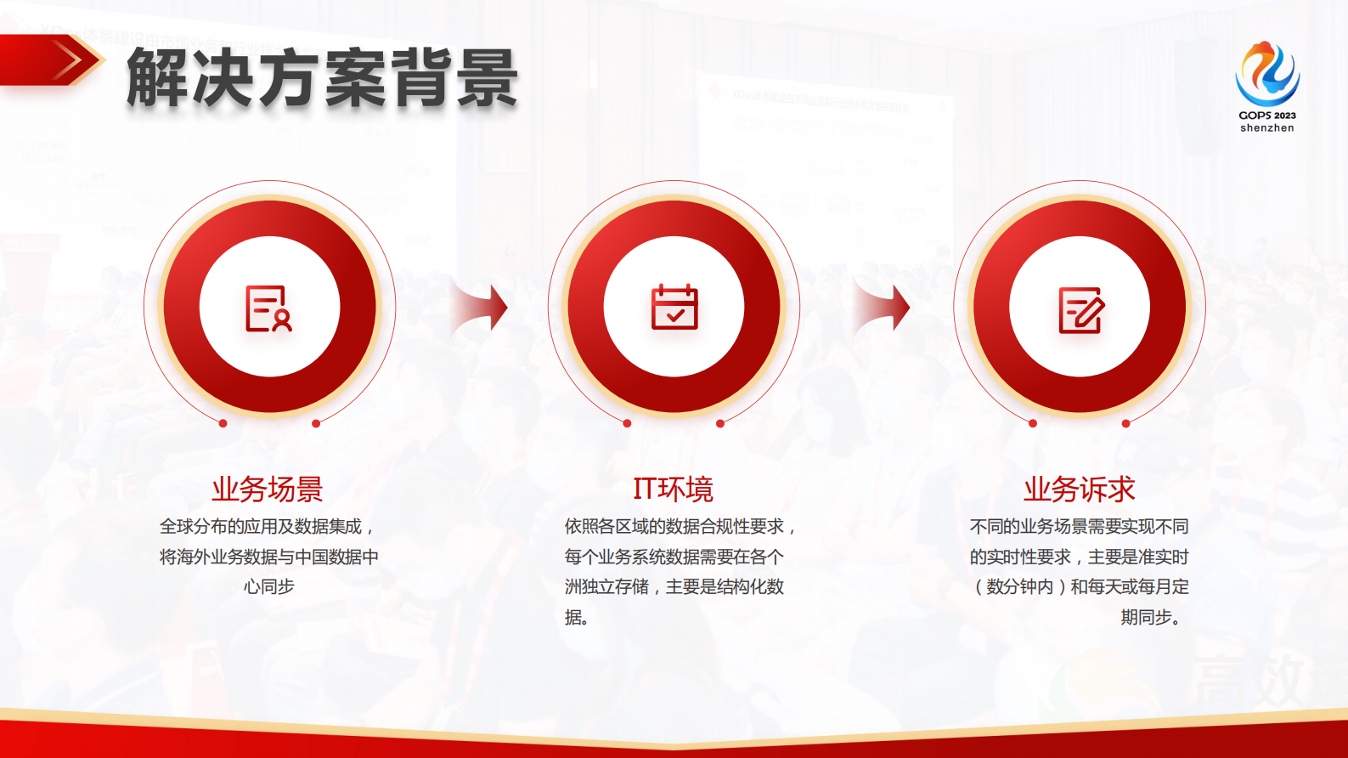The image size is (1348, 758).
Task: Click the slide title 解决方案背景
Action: point(323,78)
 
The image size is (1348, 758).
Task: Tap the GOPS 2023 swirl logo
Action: point(1266,74)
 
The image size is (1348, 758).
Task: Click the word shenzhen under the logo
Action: point(1266,128)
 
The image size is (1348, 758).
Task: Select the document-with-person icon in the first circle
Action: point(268,308)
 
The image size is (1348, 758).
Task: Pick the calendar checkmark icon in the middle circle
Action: point(674,307)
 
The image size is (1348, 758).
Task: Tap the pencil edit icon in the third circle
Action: point(1080,309)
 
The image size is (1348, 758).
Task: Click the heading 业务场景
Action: point(268,489)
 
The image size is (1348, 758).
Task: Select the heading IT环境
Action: point(673,489)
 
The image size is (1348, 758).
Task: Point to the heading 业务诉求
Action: point(1079,489)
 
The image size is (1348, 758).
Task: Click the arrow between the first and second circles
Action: point(481,307)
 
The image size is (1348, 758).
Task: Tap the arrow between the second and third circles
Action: point(883,307)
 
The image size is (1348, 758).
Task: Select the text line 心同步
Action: point(268,587)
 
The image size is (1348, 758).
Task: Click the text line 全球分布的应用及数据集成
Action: point(266,527)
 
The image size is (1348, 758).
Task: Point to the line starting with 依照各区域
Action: point(680,527)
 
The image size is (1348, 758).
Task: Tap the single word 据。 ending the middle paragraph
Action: point(577,618)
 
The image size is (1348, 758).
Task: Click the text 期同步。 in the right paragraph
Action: point(1153,618)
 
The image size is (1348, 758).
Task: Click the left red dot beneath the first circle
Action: point(223,423)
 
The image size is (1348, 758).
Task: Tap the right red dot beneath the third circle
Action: point(1125,423)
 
